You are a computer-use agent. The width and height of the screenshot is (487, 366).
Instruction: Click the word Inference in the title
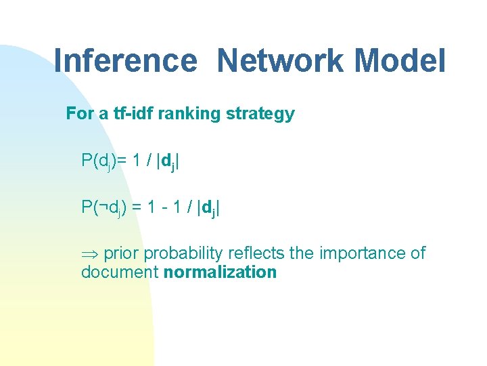click(x=124, y=61)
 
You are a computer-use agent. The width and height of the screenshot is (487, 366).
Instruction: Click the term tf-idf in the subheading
click(x=133, y=114)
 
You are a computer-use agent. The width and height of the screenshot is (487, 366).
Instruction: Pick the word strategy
click(x=262, y=114)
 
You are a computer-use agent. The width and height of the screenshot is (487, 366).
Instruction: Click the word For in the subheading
click(x=79, y=114)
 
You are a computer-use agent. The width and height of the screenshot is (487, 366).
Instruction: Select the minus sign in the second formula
click(x=166, y=207)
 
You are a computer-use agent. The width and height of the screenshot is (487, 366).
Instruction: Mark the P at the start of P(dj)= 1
click(x=87, y=161)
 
